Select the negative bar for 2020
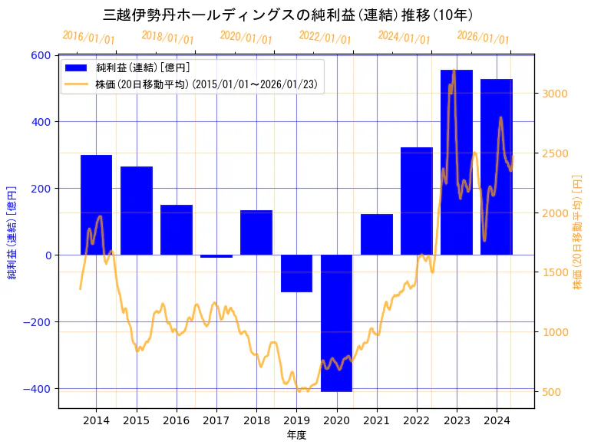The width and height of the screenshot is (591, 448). coord(336,323)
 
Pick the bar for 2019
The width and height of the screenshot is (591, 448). coord(296,273)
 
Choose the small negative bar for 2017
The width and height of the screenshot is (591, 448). coord(216,256)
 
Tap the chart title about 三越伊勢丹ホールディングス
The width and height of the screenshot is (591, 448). coord(288,15)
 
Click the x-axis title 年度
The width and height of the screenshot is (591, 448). coord(296,435)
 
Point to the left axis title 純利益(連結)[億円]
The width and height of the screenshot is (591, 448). coord(12,231)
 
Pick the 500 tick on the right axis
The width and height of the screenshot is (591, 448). coord(550,392)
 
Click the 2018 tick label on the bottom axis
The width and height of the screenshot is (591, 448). coord(256,420)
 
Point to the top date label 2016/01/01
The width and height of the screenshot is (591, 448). coord(88,37)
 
